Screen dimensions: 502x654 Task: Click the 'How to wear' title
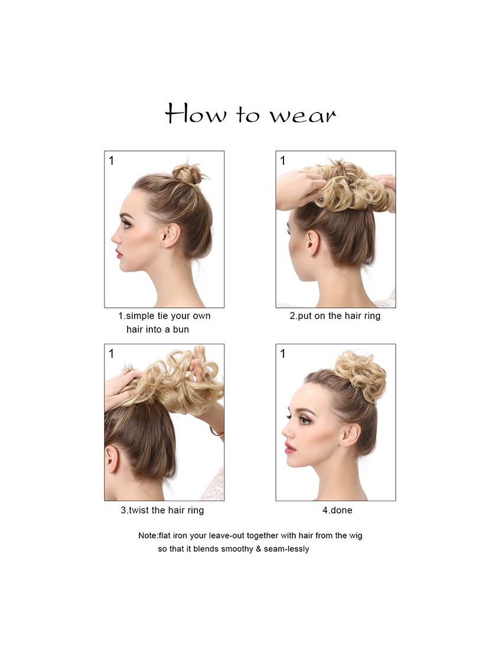pos(250,113)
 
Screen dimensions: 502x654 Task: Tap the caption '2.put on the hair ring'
pos(335,316)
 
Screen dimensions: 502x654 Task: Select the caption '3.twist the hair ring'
pos(162,510)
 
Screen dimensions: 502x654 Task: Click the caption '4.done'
pos(337,510)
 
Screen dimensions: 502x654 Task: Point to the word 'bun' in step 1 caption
pos(181,330)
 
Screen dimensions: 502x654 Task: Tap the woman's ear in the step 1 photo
pos(171,235)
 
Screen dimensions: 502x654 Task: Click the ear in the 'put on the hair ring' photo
pos(312,243)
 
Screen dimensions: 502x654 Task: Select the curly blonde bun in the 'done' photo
pos(361,370)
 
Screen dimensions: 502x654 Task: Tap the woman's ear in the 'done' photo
pos(349,435)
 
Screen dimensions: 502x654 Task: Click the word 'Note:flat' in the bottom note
pos(155,535)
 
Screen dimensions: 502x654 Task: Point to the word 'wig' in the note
pos(356,536)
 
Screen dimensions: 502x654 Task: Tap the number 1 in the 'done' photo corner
pos(283,354)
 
